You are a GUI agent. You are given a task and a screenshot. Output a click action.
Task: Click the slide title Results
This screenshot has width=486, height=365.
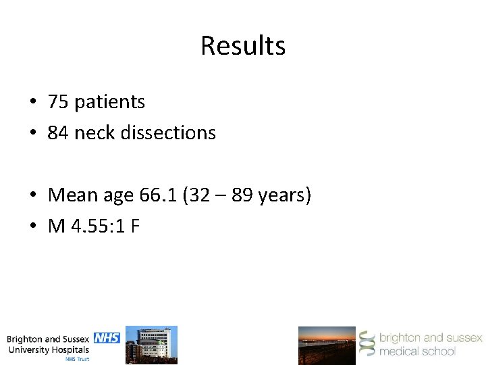(243, 46)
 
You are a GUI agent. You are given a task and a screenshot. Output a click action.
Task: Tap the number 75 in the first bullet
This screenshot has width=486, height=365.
(58, 102)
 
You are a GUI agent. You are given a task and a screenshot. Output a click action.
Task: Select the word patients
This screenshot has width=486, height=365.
(109, 102)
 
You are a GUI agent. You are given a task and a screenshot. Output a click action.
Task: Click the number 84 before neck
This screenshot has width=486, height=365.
(58, 132)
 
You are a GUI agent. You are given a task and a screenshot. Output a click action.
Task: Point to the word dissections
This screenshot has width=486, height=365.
(169, 132)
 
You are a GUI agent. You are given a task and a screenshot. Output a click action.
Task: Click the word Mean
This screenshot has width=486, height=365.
(72, 195)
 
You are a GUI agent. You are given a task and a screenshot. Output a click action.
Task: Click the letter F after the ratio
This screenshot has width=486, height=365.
(135, 226)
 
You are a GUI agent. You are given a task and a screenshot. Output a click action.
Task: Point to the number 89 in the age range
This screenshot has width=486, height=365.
(242, 195)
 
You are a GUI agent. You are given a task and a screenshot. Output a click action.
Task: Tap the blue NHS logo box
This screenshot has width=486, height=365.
(106, 337)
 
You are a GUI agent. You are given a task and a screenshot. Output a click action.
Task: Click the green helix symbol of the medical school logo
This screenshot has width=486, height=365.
(367, 344)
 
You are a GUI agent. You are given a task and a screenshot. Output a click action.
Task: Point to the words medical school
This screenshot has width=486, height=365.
(417, 351)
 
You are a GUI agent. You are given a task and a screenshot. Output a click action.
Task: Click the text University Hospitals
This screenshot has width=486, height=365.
(49, 349)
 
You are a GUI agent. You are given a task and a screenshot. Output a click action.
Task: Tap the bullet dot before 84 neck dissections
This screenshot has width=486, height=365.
(32, 133)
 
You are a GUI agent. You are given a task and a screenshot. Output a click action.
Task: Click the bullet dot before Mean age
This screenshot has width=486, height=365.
(32, 196)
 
